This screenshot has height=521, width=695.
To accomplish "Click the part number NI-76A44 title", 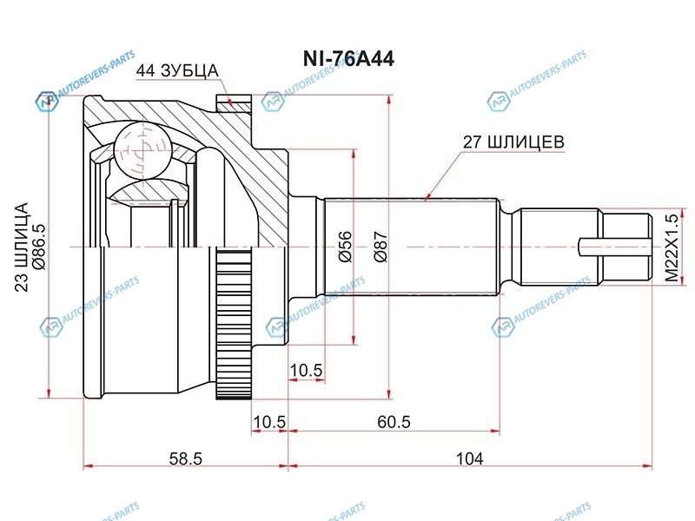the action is tap(348, 58).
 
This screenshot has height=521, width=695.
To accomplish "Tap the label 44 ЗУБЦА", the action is tap(177, 71).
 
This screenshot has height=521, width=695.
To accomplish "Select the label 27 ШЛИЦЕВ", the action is tap(513, 142).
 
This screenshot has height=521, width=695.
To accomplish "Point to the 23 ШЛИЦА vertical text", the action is tap(22, 247).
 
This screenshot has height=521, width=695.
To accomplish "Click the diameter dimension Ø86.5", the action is tap(38, 247).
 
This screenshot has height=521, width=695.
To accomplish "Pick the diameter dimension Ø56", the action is tap(344, 247).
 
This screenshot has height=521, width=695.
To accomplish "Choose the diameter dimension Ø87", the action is tap(381, 247).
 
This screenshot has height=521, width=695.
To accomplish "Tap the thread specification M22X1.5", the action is tap(672, 248).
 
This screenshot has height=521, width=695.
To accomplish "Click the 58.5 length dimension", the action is tap(185, 458).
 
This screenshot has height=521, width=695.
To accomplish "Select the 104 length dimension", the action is tap(470, 458).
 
